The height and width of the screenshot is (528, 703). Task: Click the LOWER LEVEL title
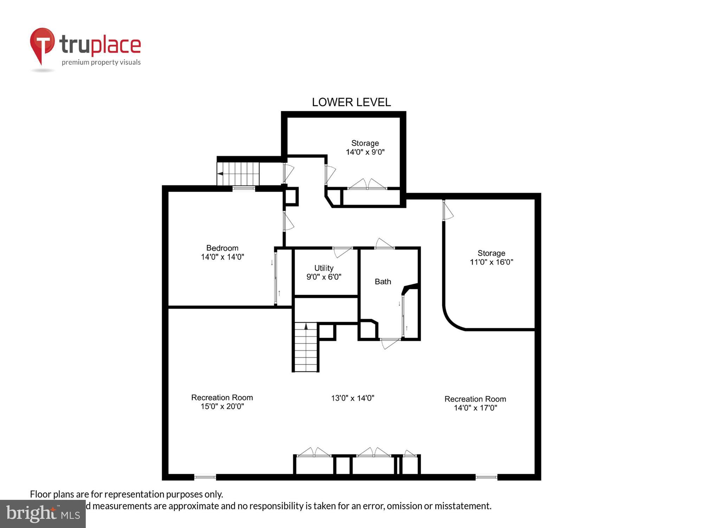point(351,102)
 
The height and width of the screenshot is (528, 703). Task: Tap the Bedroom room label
point(222,248)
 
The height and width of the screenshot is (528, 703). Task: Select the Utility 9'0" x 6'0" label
point(324,273)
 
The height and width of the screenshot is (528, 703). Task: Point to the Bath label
point(383,282)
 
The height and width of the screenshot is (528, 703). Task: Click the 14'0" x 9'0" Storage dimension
point(365,152)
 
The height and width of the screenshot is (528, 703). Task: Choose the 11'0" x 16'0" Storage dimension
point(491,262)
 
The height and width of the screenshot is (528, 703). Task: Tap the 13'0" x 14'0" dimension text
point(353,398)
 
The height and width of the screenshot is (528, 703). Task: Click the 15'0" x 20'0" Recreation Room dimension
point(222,406)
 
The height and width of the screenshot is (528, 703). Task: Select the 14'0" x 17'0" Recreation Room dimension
point(475,408)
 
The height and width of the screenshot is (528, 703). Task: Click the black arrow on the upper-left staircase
point(220,174)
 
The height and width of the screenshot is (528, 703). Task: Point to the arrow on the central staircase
point(306,326)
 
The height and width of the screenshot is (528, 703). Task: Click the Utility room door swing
point(342,251)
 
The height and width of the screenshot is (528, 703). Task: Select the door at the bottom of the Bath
point(389,343)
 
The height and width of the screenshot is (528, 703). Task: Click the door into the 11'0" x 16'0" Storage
point(447,210)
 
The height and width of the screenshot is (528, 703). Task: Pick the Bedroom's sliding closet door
point(276,277)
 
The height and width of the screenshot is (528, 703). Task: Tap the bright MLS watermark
point(43,514)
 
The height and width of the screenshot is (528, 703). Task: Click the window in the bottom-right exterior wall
point(486,477)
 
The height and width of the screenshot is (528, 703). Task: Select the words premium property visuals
point(101,62)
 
